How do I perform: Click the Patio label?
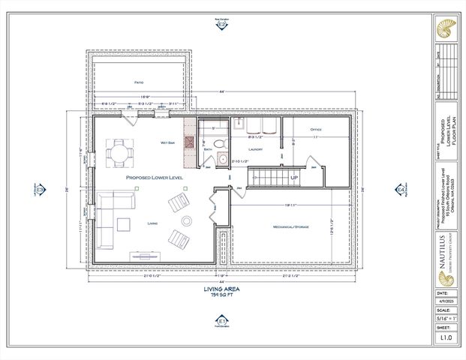tap(139, 82)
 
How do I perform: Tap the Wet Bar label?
tap(167, 142)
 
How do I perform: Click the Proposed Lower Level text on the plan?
tap(154, 178)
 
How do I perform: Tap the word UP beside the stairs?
tap(294, 178)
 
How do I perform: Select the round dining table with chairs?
tap(120, 154)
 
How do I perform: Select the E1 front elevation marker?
tap(221, 322)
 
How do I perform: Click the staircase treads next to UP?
tap(266, 178)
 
